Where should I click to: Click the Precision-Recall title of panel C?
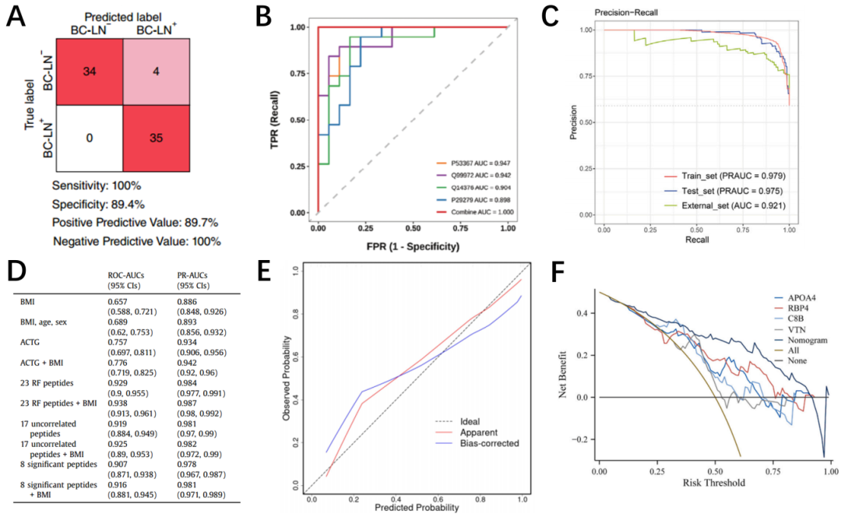coord(624,12)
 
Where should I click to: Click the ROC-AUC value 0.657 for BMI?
coord(117,300)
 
